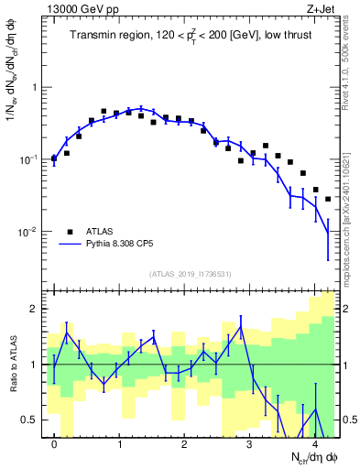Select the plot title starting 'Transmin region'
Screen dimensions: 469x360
[x=192, y=36]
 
